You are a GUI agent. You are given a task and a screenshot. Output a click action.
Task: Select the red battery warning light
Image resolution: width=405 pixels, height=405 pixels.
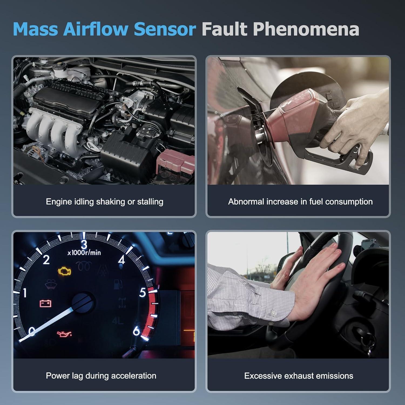46,303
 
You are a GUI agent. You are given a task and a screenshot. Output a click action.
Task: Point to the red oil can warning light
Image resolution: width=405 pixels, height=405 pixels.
64,334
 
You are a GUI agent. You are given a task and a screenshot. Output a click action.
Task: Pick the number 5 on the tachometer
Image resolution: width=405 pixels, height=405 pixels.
143,293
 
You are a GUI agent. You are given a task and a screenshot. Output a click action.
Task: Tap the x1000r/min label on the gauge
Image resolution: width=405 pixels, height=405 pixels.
84,253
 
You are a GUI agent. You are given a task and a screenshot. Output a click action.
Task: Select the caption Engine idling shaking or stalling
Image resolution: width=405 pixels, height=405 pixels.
104,202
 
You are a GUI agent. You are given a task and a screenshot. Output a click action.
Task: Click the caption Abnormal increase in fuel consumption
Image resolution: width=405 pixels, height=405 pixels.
300,202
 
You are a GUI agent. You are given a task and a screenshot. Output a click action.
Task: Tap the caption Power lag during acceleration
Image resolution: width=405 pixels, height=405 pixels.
101,376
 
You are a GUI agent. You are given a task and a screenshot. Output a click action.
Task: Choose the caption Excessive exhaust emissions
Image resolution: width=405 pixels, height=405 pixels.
299,376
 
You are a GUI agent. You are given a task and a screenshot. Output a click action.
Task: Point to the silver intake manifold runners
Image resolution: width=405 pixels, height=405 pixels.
54,127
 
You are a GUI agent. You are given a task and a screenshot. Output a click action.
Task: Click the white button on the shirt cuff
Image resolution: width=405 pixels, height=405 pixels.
273,313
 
